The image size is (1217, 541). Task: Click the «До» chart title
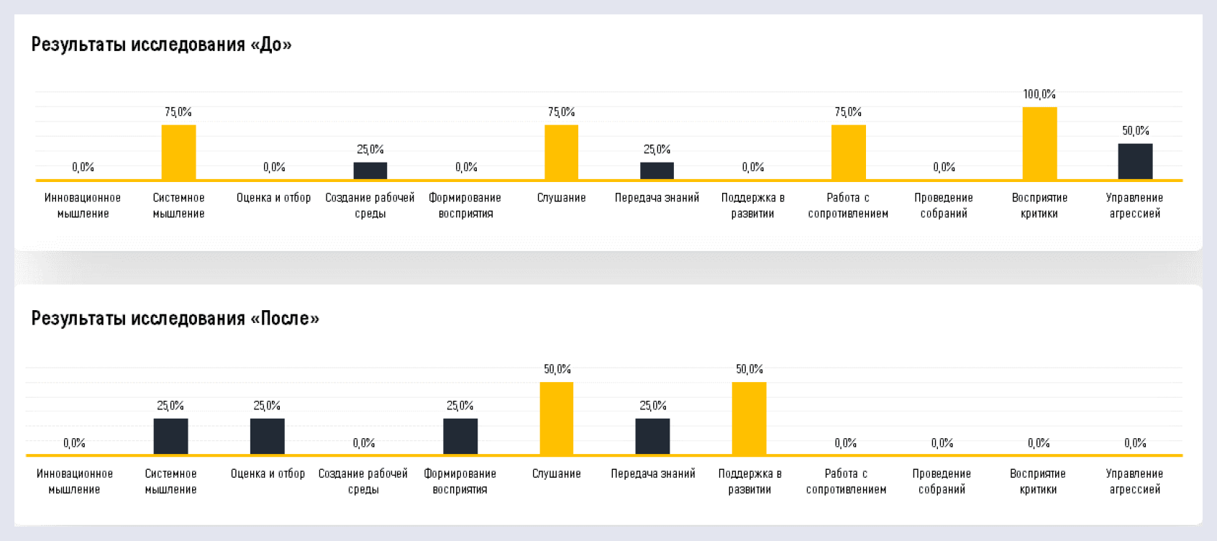tap(161, 45)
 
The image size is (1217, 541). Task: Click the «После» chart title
tap(175, 319)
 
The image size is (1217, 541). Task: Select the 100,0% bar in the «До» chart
tap(1039, 143)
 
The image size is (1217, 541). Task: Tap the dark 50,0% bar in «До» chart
tap(1135, 161)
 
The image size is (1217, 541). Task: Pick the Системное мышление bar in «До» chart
tap(178, 152)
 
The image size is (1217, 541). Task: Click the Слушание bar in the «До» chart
tap(561, 152)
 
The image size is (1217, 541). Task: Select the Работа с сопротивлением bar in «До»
tap(848, 152)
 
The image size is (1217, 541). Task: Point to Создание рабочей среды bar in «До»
tap(370, 171)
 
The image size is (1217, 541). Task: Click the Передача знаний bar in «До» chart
tap(657, 171)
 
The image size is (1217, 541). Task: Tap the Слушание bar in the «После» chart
tap(557, 418)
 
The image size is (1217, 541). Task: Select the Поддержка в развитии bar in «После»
tap(749, 418)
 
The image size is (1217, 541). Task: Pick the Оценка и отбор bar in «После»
tap(267, 436)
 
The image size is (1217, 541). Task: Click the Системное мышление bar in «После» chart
tap(170, 436)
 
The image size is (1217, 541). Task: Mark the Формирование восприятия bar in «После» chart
tap(460, 436)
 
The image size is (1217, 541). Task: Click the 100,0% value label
tap(1039, 94)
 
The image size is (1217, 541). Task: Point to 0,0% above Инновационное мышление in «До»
tap(83, 167)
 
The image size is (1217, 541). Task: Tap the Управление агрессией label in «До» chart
tap(1134, 205)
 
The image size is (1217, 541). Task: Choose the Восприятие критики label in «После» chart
tap(1038, 481)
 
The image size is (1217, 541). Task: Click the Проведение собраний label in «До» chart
tap(944, 205)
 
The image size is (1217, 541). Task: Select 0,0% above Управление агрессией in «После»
tap(1135, 443)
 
